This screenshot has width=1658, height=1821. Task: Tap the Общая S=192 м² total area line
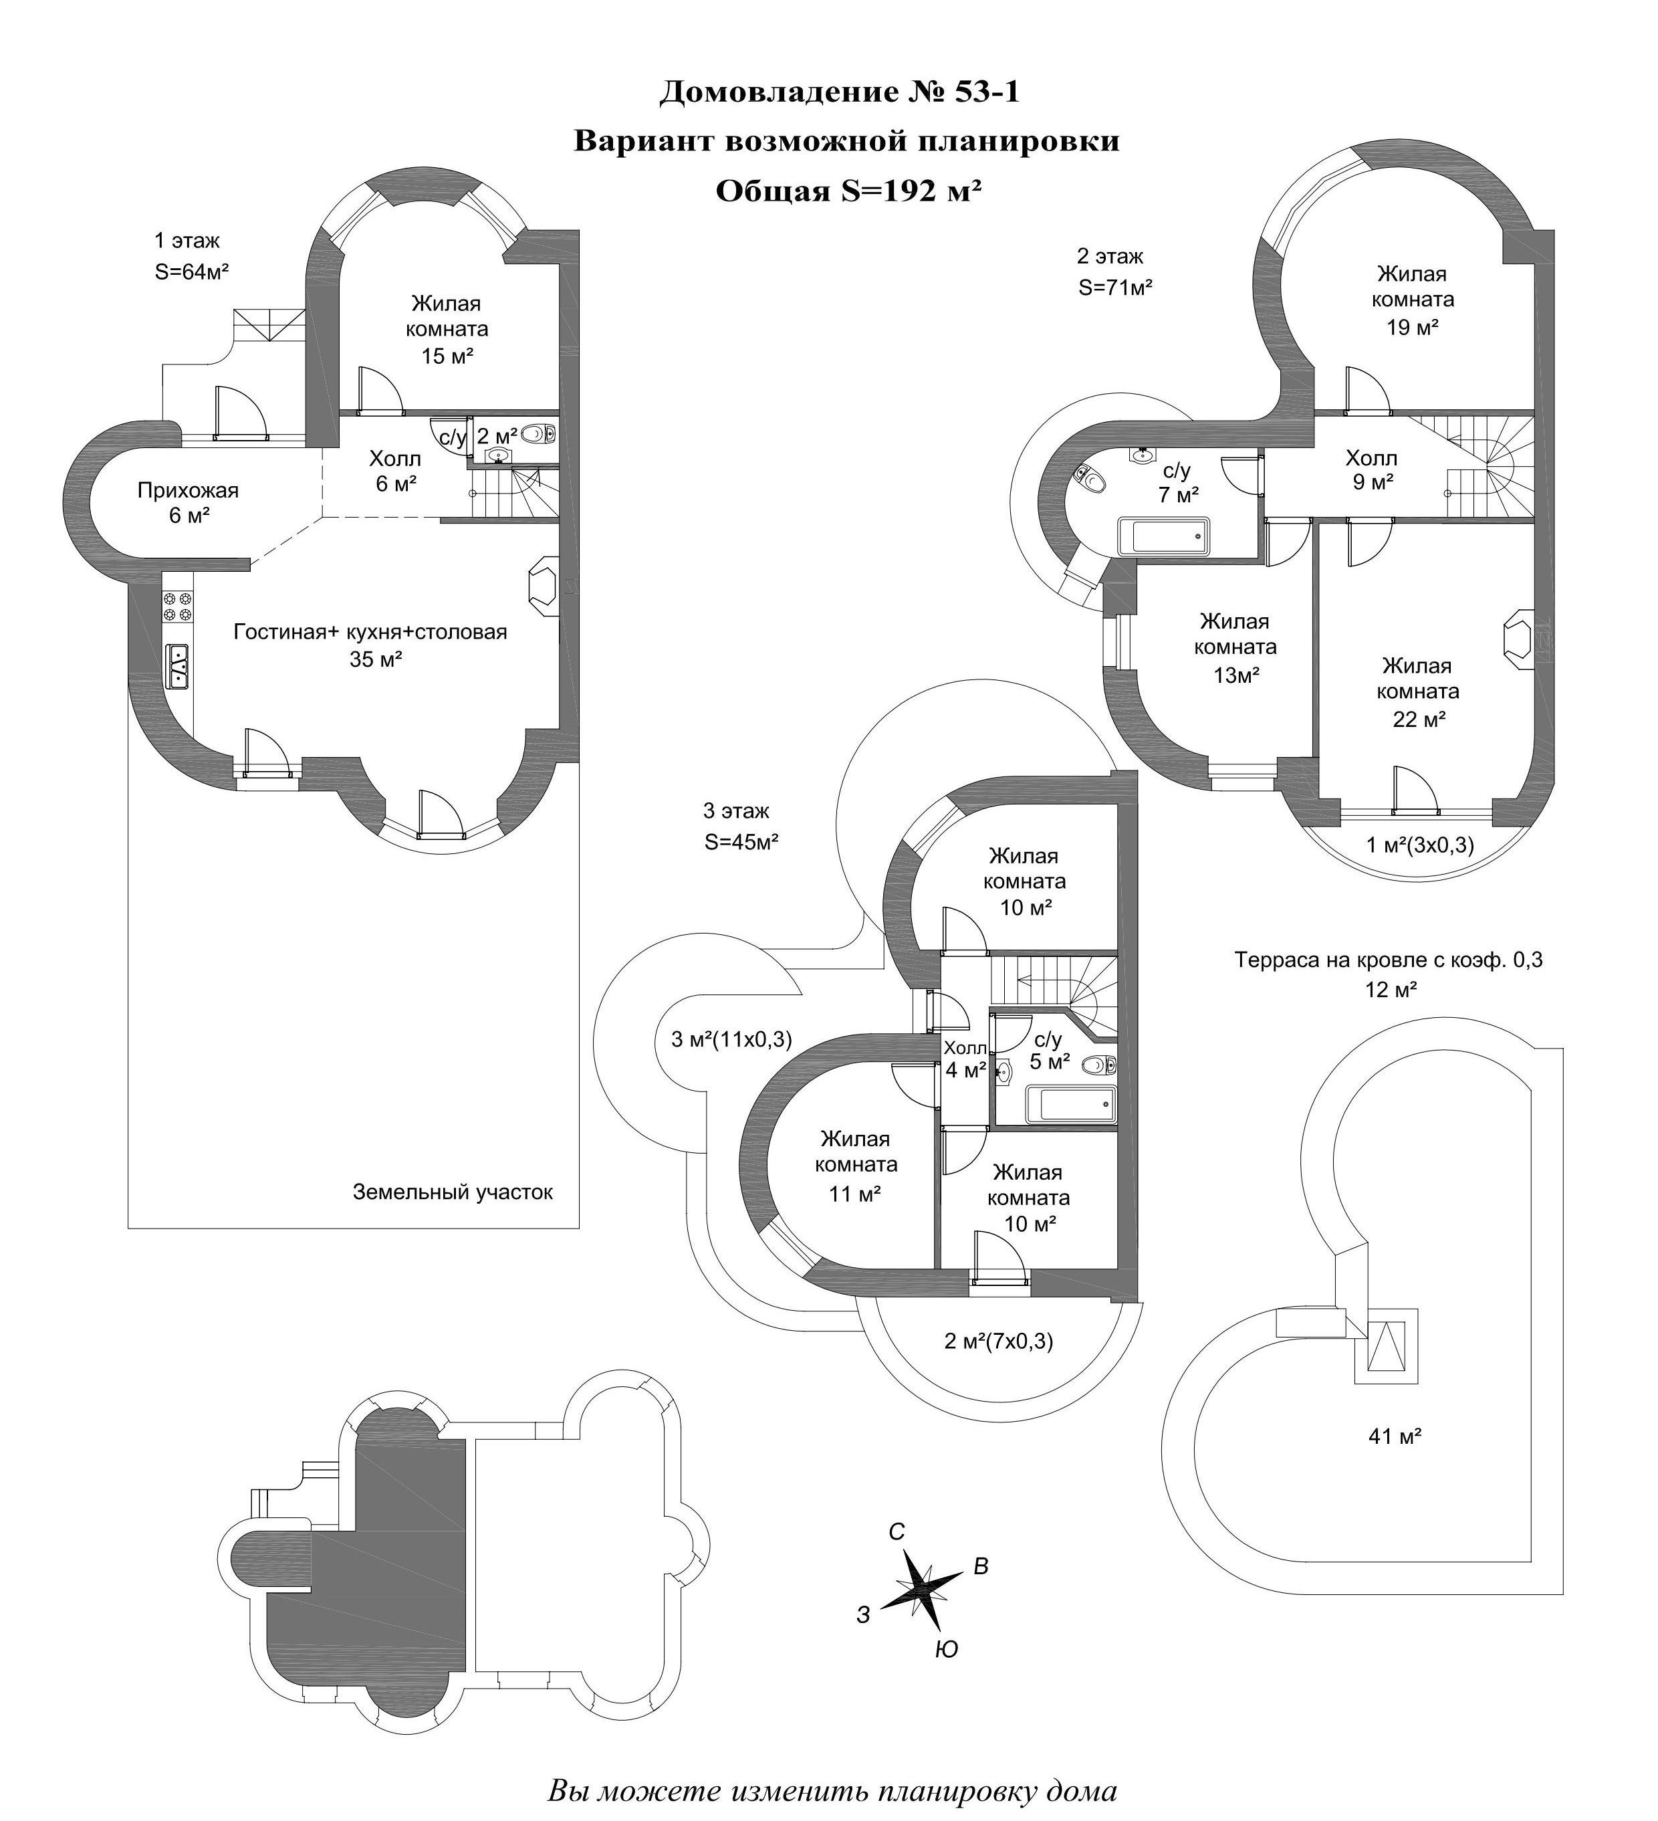tap(848, 191)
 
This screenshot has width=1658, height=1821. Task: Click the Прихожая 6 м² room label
tap(188, 503)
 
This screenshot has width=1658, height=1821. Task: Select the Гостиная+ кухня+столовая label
tap(370, 631)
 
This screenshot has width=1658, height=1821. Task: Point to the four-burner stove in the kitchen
tap(177, 606)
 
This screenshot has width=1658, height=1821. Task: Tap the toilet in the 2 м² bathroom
tap(538, 435)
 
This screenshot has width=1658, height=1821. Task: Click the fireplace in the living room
tap(544, 587)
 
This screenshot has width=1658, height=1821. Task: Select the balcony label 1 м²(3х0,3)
tap(1419, 845)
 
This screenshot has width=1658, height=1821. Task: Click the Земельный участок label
tap(453, 1192)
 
